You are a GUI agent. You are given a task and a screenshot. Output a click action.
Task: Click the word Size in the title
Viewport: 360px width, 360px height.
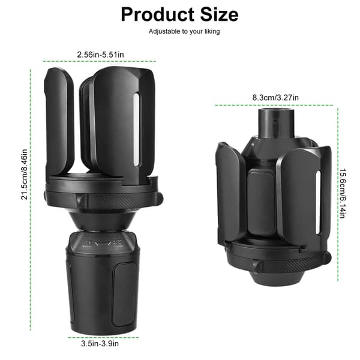[219, 14]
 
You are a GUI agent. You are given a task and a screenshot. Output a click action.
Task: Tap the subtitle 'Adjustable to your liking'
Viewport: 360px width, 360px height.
[184, 31]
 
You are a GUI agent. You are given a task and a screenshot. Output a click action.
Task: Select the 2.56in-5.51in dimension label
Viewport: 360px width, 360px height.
[101, 55]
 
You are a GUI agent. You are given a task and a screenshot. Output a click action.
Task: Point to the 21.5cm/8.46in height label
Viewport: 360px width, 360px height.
[25, 175]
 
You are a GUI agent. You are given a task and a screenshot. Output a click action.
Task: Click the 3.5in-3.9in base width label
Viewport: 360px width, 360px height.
[100, 343]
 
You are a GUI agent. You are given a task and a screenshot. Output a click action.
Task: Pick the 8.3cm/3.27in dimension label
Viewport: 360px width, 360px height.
[275, 98]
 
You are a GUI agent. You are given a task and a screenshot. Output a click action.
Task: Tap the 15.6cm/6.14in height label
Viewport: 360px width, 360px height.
[342, 193]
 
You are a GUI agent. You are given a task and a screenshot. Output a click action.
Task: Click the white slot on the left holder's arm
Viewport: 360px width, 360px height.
[136, 130]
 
